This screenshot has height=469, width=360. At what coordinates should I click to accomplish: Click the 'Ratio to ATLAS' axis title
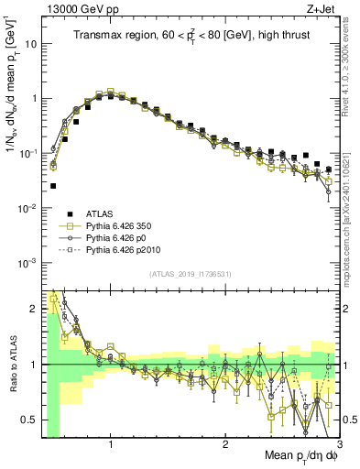tap(10, 365)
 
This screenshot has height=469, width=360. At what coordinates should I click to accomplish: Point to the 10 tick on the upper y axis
tap(31, 43)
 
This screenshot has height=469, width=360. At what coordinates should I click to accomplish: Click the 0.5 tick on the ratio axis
tap(29, 420)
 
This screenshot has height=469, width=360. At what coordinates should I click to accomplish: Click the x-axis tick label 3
tap(338, 445)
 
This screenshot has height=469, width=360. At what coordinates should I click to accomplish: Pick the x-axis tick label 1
tap(111, 445)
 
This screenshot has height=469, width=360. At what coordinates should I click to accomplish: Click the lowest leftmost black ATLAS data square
tap(52, 186)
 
